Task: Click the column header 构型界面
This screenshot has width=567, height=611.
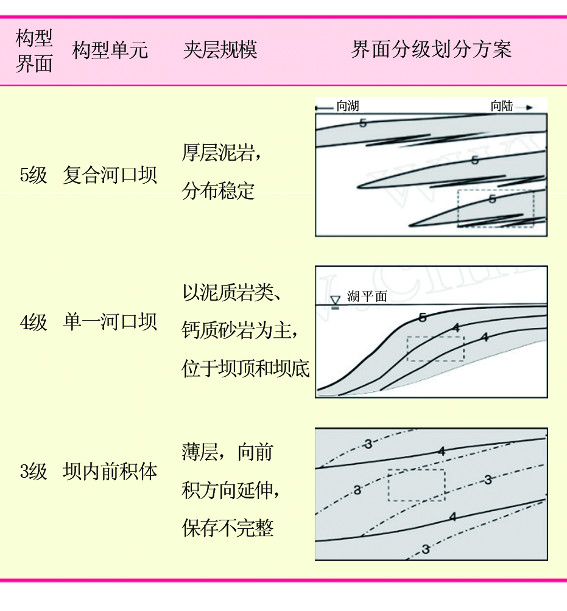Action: pos(34,51)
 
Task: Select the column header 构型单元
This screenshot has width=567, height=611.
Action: pos(110,51)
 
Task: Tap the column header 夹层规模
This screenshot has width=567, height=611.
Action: pos(220,50)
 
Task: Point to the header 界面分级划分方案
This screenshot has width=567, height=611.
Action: pos(431,49)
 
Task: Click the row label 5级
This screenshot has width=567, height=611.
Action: pos(33,175)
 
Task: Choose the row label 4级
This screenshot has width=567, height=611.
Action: pos(33,323)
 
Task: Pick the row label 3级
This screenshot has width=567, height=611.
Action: pos(33,472)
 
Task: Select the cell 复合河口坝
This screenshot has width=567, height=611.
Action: pos(110,175)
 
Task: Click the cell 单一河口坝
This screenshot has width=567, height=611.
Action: pos(110,323)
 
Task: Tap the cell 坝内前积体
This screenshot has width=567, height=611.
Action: pos(110,472)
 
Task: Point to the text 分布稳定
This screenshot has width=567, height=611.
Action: pos(219,191)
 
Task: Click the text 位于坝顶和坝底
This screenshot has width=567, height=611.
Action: pos(245,369)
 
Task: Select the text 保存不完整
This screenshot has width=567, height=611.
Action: pos(228,528)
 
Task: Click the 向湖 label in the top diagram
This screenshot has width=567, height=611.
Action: pos(348,106)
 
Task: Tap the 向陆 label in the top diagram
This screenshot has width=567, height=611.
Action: pos(502,106)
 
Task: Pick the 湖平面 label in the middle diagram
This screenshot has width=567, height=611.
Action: pos(367,296)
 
